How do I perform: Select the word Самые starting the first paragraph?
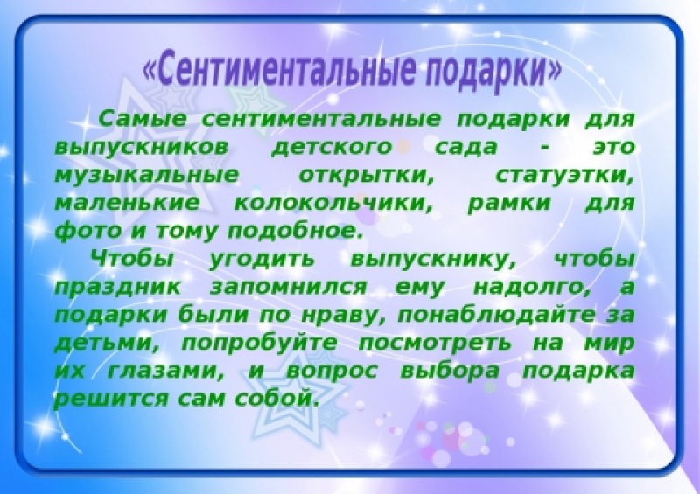[142, 119]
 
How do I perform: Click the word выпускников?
[141, 148]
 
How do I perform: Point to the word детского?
[332, 148]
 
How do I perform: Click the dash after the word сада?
[544, 148]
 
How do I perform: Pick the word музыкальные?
[146, 176]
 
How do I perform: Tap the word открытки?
[366, 176]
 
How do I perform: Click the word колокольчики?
[333, 204]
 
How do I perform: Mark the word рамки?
[509, 204]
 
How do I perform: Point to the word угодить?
[262, 260]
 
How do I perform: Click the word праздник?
[118, 288]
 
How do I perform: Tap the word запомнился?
[288, 287]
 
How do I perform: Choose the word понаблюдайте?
[496, 315]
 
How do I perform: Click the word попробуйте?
[259, 343]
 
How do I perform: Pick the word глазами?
[165, 371]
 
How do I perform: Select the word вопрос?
[332, 372]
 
